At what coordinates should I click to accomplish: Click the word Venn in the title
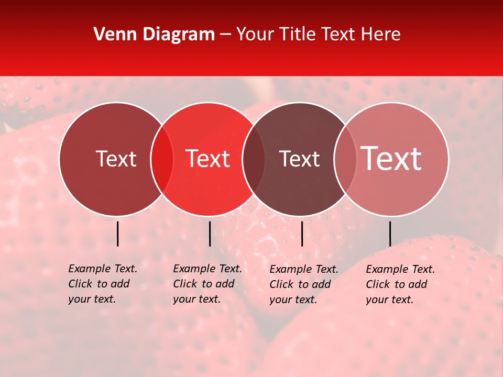pyautogui.click(x=113, y=35)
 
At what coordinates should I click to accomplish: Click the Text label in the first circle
pyautogui.click(x=116, y=159)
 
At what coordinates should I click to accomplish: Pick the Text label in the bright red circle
pyautogui.click(x=208, y=159)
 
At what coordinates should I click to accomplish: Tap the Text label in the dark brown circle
pyautogui.click(x=300, y=159)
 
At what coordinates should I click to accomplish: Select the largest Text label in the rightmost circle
pyautogui.click(x=391, y=158)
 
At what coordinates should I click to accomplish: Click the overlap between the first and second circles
pyautogui.click(x=162, y=159)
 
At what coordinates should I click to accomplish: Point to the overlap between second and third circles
pyautogui.click(x=254, y=159)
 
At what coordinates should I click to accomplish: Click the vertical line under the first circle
pyautogui.click(x=117, y=234)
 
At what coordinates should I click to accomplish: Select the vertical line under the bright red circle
pyautogui.click(x=210, y=234)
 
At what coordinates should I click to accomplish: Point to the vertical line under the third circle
pyautogui.click(x=302, y=234)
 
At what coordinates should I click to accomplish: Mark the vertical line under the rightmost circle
pyautogui.click(x=390, y=234)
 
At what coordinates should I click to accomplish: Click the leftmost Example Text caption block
pyautogui.click(x=103, y=284)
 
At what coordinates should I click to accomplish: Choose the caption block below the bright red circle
pyautogui.click(x=207, y=284)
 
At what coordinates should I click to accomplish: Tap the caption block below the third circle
pyautogui.click(x=304, y=284)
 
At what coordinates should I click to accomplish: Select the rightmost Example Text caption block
pyautogui.click(x=400, y=284)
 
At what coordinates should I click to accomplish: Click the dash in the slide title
pyautogui.click(x=225, y=35)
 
